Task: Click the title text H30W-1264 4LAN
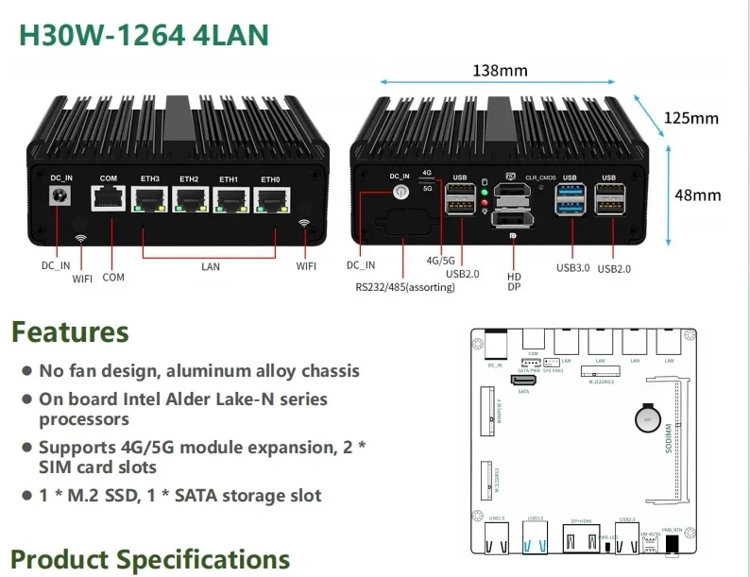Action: coord(145,35)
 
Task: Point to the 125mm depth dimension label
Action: coord(690,118)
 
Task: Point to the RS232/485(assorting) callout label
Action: coord(405,287)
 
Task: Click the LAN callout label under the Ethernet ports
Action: coord(210,267)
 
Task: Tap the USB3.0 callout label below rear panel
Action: coord(573,268)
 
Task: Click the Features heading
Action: coord(70,332)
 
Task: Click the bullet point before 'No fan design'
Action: coord(27,371)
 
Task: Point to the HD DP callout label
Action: coord(515,280)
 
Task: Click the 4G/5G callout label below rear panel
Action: coord(441,260)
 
